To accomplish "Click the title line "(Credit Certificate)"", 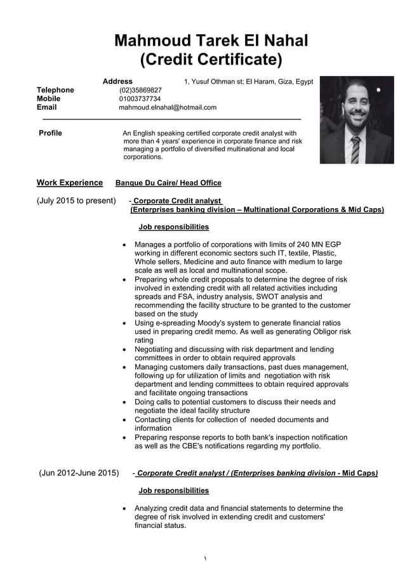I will pos(211,60).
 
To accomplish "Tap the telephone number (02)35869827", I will pos(140,90).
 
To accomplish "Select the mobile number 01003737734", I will pos(140,99).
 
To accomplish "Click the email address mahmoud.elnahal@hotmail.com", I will pos(168,108).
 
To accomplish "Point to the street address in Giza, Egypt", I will pos(248,82).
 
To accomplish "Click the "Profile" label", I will pos(50,133).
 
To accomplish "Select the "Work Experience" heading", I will pos(69,183).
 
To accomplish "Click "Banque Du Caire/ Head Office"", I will pos(168,183).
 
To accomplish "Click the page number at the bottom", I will pos(205,558).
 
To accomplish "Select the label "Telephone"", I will pos(55,90).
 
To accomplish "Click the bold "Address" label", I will pos(117,81).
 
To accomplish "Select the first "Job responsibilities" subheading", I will pos(173,227).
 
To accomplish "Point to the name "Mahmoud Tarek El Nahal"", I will pos(211,41).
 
